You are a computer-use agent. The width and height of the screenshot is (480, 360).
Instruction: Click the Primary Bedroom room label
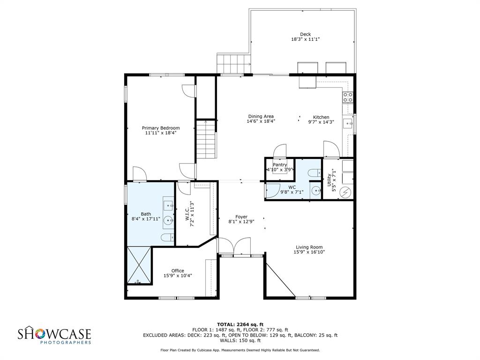(x=161, y=128)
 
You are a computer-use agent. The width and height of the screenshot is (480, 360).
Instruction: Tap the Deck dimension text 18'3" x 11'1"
(x=305, y=40)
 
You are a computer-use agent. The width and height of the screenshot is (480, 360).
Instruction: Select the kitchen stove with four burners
(x=348, y=97)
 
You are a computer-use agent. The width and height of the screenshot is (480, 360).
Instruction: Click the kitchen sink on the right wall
(x=348, y=124)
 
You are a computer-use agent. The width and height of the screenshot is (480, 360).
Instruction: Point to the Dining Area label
(x=261, y=116)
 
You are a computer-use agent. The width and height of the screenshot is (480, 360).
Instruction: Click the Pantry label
(x=280, y=165)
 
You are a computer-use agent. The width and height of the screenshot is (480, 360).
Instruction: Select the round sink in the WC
(x=316, y=190)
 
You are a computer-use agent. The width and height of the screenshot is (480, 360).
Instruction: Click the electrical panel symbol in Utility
(x=346, y=192)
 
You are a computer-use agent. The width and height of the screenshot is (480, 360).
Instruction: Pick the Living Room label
(x=309, y=247)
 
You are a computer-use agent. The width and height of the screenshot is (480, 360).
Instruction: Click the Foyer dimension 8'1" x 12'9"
(x=241, y=222)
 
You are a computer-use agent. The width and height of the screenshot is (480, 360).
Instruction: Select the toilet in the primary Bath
(x=167, y=238)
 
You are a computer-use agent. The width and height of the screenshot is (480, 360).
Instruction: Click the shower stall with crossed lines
(x=139, y=265)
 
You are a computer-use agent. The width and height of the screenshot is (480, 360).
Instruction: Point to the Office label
(x=178, y=270)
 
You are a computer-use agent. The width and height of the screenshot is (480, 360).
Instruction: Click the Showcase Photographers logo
(x=54, y=336)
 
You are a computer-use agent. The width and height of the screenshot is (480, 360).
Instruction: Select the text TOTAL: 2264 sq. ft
(x=240, y=324)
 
